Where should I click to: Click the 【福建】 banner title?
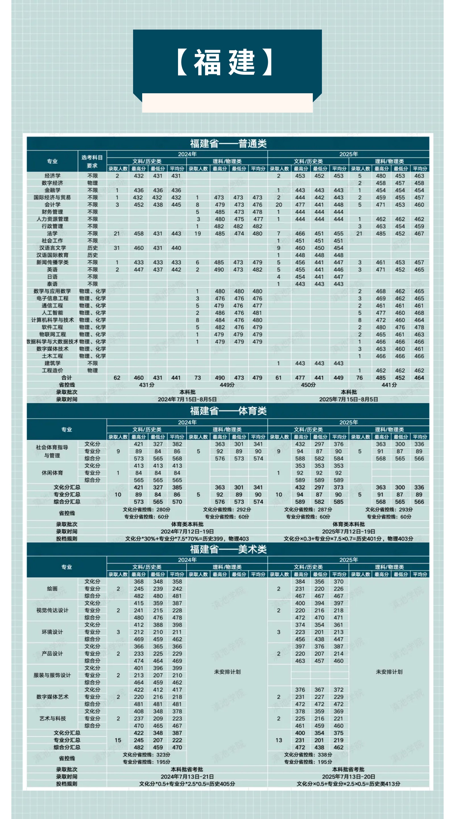pos(224,62)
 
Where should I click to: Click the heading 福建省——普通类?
pos(228,144)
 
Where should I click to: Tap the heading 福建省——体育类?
pos(228,411)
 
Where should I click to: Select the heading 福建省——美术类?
pos(228,549)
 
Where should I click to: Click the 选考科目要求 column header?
pos(92,162)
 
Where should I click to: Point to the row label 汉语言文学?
pos(52,248)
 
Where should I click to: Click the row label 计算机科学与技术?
pos(52,320)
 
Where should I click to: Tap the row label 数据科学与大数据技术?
pos(52,342)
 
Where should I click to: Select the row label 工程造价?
pos(52,370)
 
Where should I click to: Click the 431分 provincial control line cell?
pos(146,385)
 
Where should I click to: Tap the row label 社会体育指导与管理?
pos(52,451)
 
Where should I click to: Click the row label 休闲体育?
pos(52,473)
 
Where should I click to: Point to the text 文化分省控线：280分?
pos(146,509)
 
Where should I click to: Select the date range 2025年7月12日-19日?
pos(348,531)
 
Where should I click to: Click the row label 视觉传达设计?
pos(52,610)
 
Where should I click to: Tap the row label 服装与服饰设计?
pos(52,675)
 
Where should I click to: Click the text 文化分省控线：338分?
pos(308,755)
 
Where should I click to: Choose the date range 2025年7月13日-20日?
pos(348,777)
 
